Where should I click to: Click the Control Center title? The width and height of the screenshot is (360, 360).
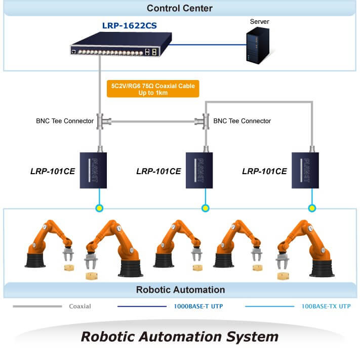(x=180, y=8)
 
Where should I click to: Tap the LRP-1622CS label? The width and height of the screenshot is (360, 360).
(x=129, y=25)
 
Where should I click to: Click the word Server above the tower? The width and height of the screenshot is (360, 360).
(x=260, y=22)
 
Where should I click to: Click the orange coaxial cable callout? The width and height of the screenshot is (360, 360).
(x=153, y=89)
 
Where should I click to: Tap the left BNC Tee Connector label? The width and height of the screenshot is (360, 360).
(x=65, y=121)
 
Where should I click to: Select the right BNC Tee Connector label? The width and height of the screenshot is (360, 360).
(x=242, y=121)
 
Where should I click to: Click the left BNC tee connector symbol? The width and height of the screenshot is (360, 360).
(x=100, y=121)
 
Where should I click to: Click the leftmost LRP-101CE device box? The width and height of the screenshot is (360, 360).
(x=95, y=170)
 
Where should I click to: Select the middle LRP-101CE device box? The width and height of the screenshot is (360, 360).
(x=201, y=170)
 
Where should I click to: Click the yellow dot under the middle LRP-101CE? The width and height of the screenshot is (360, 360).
(x=205, y=208)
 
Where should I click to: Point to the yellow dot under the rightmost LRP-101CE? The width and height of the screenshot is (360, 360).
(x=312, y=208)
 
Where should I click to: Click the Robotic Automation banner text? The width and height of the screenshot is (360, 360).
(x=180, y=290)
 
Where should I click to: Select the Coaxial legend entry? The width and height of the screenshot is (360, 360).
(x=80, y=306)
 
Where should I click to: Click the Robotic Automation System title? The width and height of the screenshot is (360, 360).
(x=180, y=336)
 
